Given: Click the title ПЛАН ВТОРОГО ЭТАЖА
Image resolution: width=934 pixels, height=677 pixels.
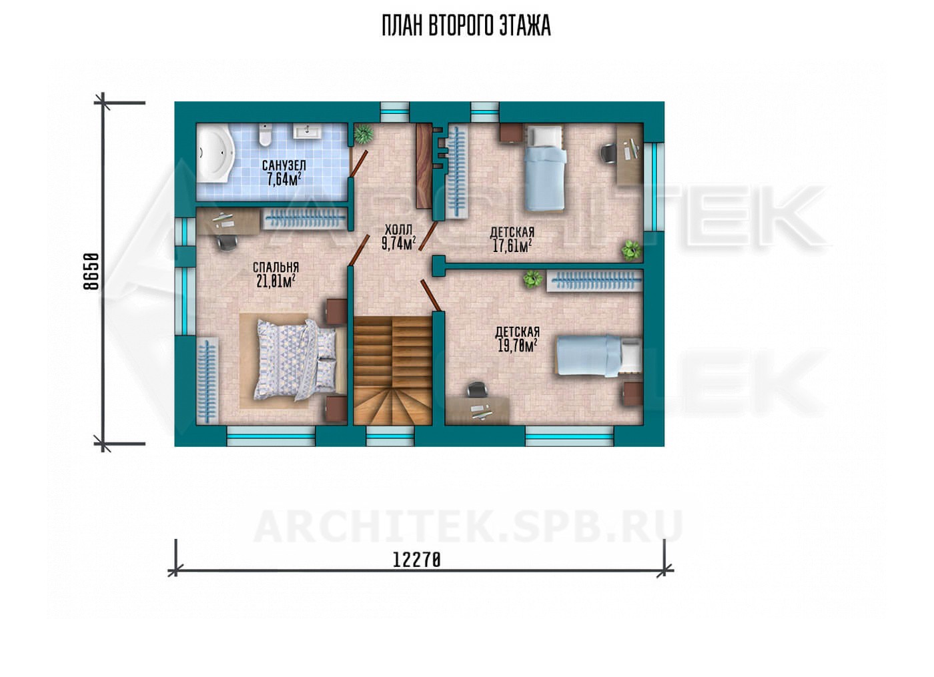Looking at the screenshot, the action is coord(466,26).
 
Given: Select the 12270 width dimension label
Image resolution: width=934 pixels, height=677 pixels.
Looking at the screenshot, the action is coord(416,560).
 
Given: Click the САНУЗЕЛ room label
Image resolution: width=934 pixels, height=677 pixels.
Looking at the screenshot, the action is coord(284,165).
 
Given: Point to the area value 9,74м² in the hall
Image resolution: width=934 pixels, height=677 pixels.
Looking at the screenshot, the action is coord(399,243).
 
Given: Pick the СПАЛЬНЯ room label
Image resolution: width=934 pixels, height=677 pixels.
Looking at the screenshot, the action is coord(276,267).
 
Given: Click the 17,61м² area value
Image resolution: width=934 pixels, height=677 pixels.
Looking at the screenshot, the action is coord(512,246).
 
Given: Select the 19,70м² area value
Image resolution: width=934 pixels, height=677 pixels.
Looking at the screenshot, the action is coord(518,346).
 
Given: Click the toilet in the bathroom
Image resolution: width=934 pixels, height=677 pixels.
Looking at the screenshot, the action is coord(264,134).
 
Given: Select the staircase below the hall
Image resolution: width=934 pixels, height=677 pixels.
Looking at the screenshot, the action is coord(392,370).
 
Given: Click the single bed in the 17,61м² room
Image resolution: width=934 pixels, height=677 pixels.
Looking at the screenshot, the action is coord(544,168).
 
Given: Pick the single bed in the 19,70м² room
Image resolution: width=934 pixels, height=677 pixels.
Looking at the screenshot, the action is coord(600,356).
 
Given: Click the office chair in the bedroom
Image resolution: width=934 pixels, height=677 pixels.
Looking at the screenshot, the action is coord(226,242).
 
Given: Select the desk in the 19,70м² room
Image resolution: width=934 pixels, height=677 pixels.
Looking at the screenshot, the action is coord(478,410).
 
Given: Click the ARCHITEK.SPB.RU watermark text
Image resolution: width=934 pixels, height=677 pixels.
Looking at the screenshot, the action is coord(468,526).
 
